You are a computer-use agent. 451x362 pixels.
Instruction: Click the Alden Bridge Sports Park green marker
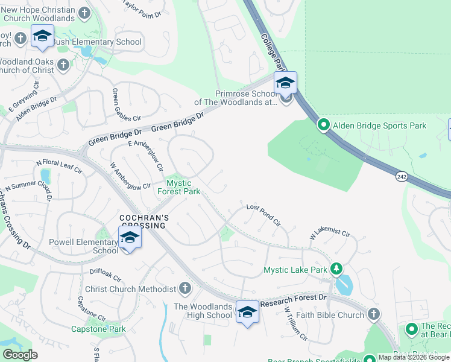(324, 125)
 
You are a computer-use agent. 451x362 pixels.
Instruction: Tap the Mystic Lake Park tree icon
(336, 269)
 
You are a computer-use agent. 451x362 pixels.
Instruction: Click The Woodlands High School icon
(247, 312)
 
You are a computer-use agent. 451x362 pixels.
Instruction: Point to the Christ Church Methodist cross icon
(185, 289)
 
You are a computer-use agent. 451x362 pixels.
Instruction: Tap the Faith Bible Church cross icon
(374, 314)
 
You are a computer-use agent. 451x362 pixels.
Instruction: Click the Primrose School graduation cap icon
(285, 83)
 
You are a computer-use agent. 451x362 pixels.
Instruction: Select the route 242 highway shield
(402, 176)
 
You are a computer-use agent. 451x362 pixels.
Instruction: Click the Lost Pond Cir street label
(263, 215)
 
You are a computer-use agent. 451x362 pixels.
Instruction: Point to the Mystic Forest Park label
(178, 187)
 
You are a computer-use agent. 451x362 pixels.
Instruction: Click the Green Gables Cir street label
(118, 105)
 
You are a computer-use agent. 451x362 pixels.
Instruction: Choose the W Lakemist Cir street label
(330, 232)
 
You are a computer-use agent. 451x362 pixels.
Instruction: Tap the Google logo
(20, 355)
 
